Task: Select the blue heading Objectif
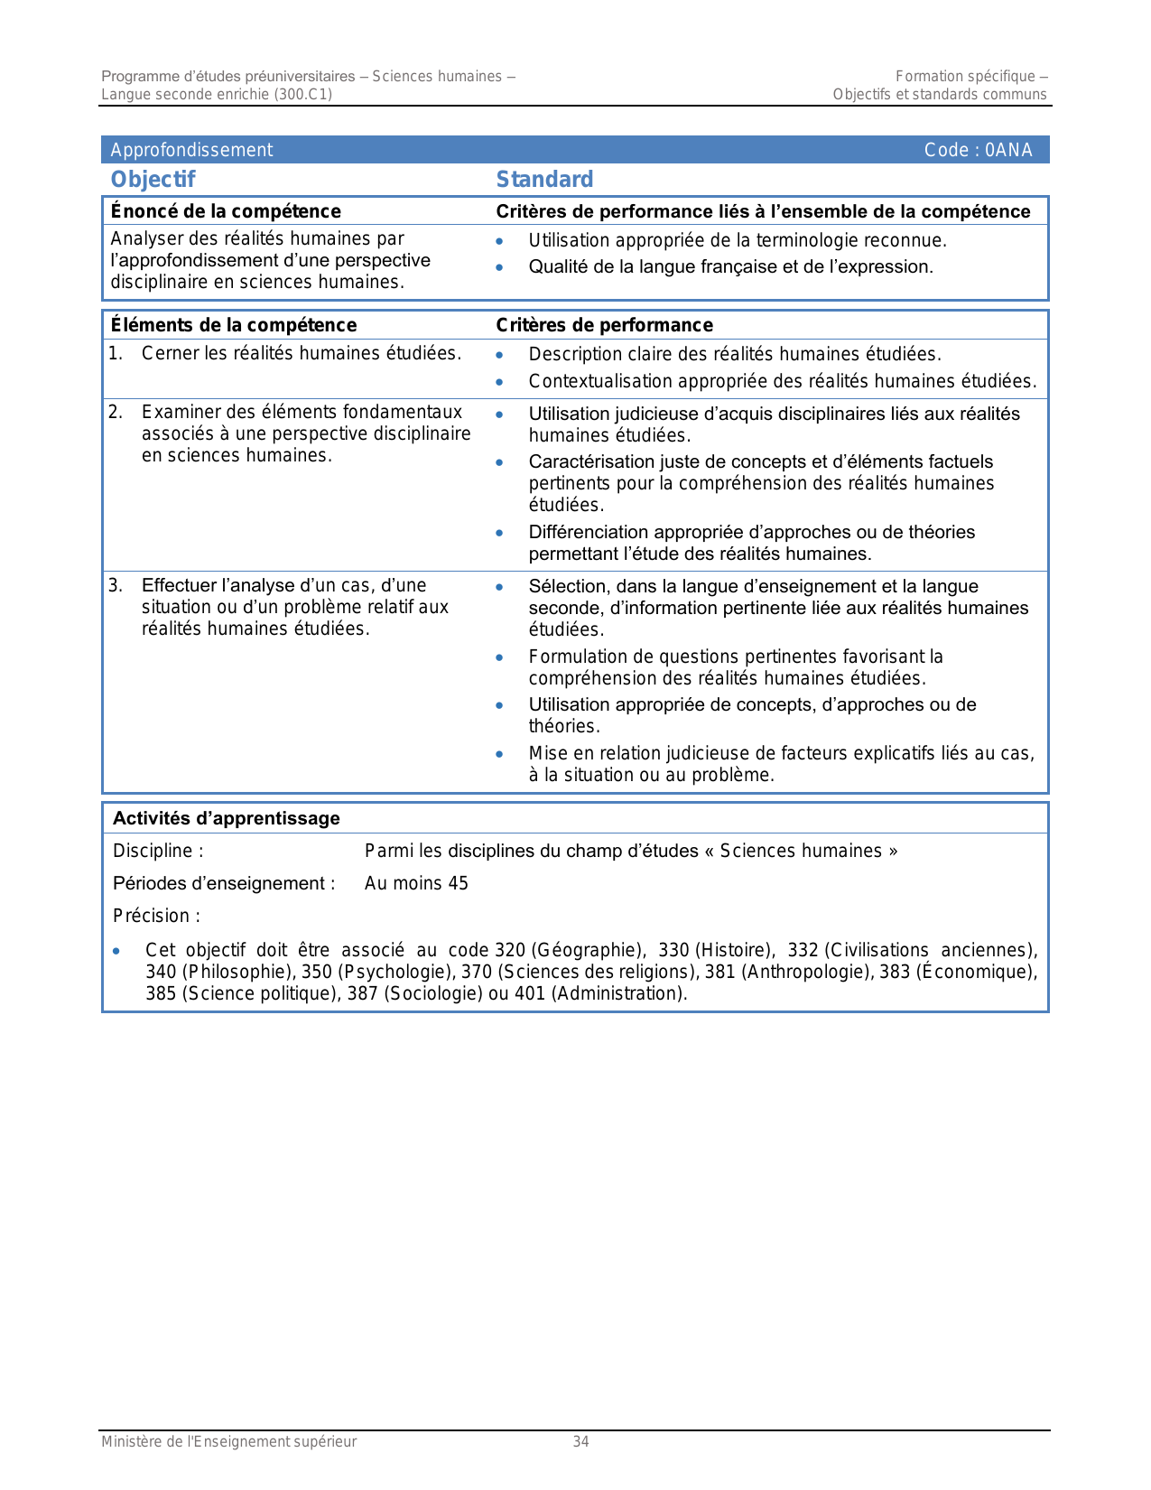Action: coord(153,180)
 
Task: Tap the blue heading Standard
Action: coord(544,180)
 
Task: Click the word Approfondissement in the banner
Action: coord(191,150)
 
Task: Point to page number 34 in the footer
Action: coord(580,1442)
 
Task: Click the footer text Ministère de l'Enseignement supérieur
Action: coord(228,1442)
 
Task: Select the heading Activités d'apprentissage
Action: coord(226,819)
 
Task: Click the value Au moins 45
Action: coord(416,883)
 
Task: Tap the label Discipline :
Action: coord(158,851)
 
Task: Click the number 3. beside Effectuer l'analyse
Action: coord(116,585)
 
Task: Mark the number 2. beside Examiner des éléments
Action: coord(116,413)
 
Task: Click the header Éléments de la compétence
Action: coord(233,325)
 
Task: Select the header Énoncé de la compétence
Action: coord(226,211)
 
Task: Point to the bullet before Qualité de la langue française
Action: coord(499,267)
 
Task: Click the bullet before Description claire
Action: coord(499,355)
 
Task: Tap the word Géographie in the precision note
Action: coord(587,950)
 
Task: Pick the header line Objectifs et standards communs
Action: coord(939,94)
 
